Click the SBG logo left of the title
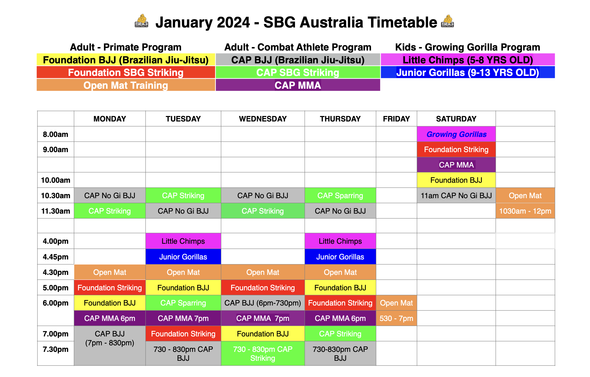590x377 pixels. pos(141,21)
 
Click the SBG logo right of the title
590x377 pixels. pos(447,21)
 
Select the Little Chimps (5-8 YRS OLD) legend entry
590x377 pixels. pos(467,60)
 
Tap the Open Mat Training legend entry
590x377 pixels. pos(126,85)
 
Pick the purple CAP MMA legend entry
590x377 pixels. pos(298,85)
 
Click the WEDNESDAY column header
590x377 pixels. pos(263,119)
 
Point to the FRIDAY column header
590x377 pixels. pos(396,119)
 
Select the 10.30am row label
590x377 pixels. pos(56,196)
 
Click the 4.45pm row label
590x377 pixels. pos(56,257)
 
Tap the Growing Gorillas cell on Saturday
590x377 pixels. pos(456,134)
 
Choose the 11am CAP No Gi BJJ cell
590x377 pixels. pos(456,196)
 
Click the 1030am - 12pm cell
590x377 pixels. pos(525,211)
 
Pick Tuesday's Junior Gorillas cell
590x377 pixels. pos(183,257)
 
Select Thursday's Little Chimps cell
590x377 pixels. pos(340,241)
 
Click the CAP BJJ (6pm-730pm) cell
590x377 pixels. pos(263,303)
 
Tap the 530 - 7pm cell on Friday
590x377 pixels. pos(396,318)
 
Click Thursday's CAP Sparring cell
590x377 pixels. pos(340,196)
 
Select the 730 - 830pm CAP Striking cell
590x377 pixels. pos(263,353)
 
